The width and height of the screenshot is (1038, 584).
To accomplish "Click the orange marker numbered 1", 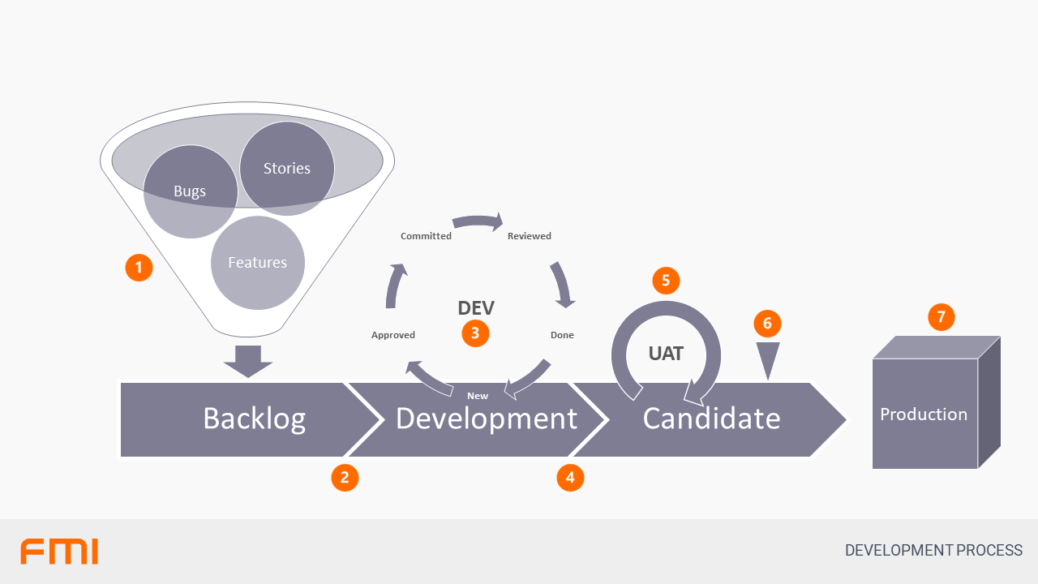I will [x=139, y=267].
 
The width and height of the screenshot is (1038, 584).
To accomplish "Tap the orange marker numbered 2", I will [x=345, y=477].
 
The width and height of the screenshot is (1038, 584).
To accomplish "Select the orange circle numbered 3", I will [x=475, y=333].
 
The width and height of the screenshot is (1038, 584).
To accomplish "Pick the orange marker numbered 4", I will [x=570, y=477].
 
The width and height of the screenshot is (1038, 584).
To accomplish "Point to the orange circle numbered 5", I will [x=666, y=281].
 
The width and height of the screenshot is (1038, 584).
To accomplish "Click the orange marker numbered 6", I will [x=767, y=324].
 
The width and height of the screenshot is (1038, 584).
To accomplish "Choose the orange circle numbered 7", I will [x=941, y=316].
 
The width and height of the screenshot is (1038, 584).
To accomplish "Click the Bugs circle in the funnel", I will [x=190, y=192].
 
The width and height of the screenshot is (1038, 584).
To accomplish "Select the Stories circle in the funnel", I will [x=287, y=169].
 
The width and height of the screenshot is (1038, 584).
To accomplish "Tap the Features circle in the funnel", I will [x=257, y=263].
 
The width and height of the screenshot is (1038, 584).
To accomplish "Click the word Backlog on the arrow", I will [x=254, y=419].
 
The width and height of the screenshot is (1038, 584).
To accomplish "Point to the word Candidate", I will [x=711, y=419].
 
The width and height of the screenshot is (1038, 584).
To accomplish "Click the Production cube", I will [x=924, y=414].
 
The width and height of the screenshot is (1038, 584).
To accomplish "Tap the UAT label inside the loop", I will [x=666, y=354].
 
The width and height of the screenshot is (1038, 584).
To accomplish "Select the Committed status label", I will [x=426, y=236].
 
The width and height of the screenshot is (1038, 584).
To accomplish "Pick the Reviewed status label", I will [x=530, y=236].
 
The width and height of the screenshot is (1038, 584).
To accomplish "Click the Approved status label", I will [x=393, y=335].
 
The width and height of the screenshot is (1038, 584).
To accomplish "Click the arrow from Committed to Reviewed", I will [x=478, y=221].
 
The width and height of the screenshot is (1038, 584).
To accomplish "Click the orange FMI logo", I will [x=59, y=551].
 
